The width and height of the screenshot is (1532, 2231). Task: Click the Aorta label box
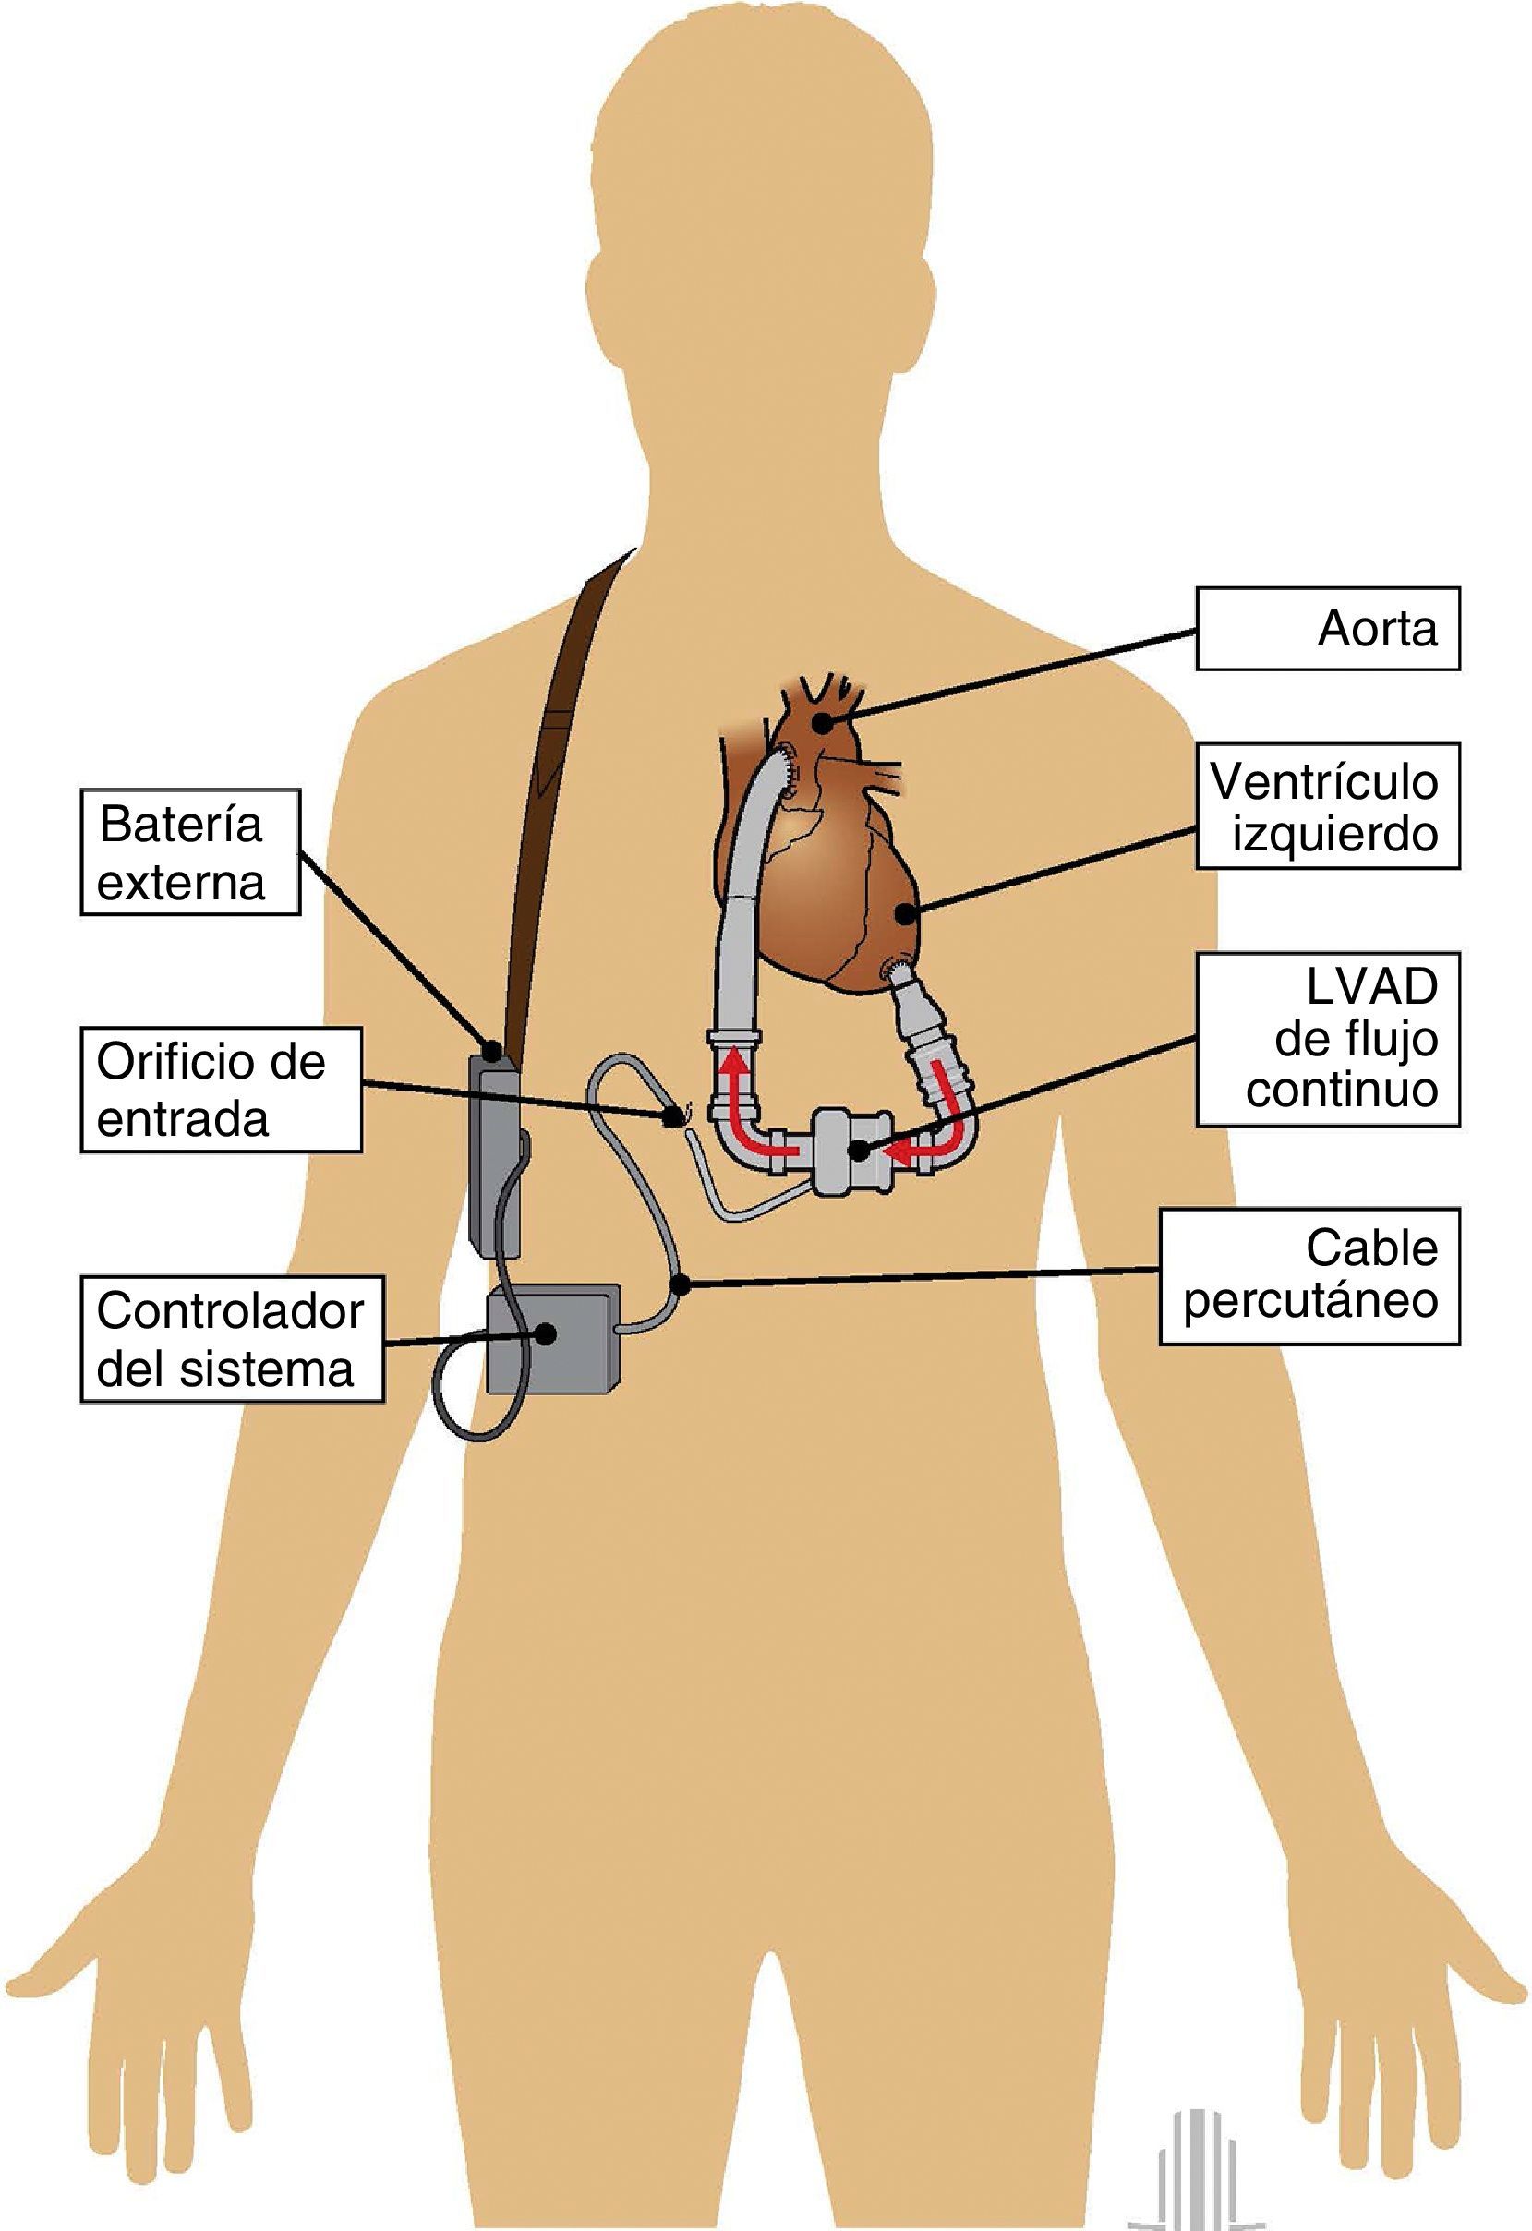point(1327,629)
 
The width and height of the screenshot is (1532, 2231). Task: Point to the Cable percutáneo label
point(1309,1276)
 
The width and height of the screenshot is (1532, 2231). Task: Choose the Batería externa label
point(189,852)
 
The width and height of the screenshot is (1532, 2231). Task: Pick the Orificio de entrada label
point(220,1090)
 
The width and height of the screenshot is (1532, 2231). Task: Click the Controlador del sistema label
point(230,1338)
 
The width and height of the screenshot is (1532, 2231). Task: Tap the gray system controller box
point(551,1340)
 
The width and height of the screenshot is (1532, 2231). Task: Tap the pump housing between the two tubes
point(850,1150)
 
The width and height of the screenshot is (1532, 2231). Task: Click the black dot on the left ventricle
point(904,913)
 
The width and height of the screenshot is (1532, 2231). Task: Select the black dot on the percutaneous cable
point(680,1284)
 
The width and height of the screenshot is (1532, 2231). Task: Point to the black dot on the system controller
point(546,1333)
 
